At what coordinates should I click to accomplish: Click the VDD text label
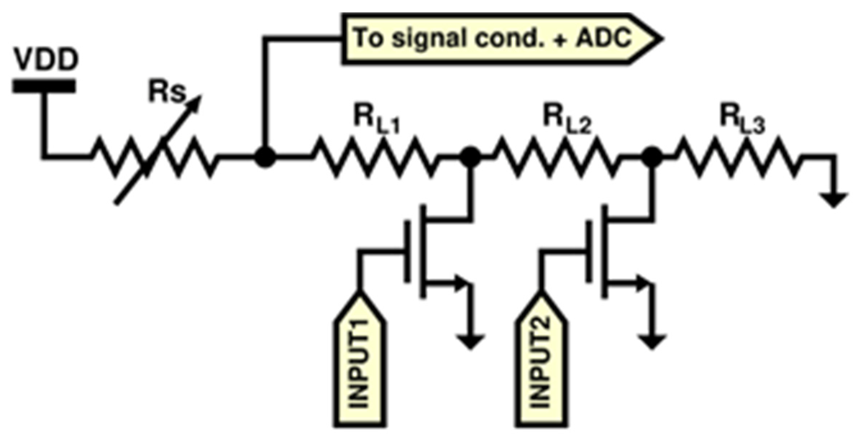46,59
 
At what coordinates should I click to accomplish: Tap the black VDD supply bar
44,86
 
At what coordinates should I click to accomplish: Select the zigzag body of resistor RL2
557,157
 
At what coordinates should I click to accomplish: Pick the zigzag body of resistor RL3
738,157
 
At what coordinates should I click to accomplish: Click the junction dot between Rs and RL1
265,157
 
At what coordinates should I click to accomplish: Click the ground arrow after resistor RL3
834,200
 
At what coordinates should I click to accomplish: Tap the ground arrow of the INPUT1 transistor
470,342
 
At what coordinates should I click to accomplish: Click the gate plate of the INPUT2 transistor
589,251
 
